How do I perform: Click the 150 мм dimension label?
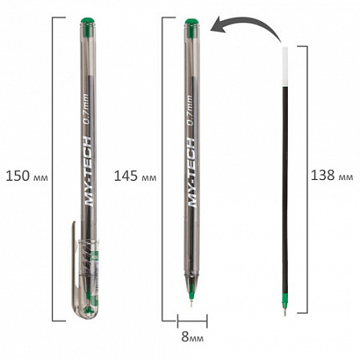tap(27, 177)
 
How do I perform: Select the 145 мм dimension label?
tap(135, 177)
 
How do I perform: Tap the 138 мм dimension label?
tap(332, 176)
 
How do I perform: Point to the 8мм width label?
tap(193, 337)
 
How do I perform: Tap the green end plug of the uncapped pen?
tap(192, 22)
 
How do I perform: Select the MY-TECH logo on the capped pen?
tap(87, 172)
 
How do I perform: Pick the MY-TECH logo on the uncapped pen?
tap(191, 172)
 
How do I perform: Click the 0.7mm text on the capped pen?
tap(85, 110)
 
